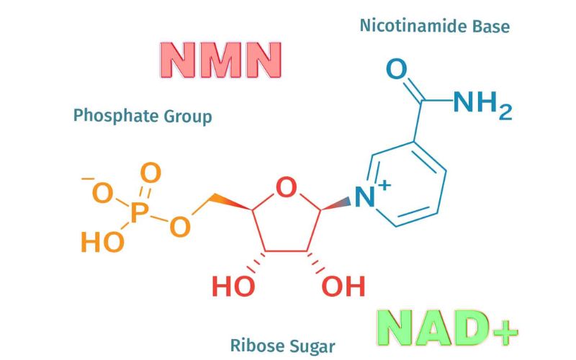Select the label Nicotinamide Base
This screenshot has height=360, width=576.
coord(434,27)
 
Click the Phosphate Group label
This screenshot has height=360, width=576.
coord(143,115)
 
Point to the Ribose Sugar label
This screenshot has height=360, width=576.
coord(282,345)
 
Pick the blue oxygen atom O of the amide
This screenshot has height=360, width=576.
coord(397,70)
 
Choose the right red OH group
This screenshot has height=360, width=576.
coord(343,287)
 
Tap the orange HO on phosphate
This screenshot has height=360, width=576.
coord(102,242)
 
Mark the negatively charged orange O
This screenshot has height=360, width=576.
coord(103,193)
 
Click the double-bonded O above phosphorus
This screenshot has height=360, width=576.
coord(150,173)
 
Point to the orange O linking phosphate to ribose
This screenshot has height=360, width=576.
coord(180,226)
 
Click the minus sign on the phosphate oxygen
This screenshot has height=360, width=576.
coord(88,178)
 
